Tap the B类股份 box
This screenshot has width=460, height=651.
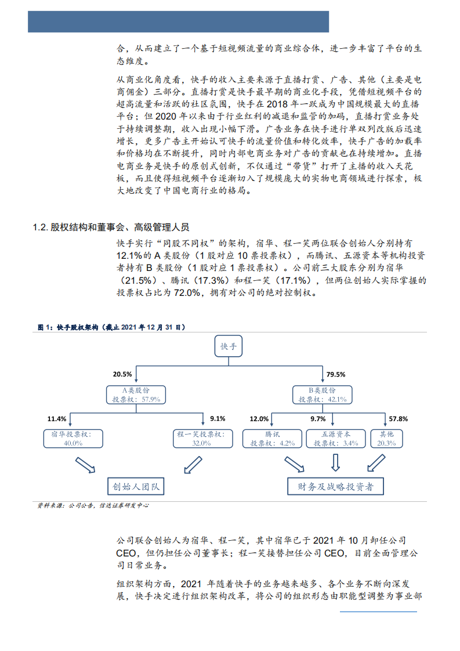click(x=323, y=395)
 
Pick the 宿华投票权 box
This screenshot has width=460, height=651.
click(x=73, y=438)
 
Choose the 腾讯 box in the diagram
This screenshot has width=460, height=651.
click(x=272, y=438)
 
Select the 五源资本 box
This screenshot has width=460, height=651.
click(x=335, y=438)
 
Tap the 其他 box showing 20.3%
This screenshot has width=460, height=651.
click(x=386, y=438)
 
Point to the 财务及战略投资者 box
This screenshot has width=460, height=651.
click(x=336, y=486)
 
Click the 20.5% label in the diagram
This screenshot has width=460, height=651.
click(x=122, y=374)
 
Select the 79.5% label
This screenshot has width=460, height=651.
click(x=336, y=374)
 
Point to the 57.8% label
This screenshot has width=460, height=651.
click(x=398, y=418)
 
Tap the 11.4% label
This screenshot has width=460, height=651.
click(x=57, y=418)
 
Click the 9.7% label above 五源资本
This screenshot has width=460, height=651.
click(x=318, y=418)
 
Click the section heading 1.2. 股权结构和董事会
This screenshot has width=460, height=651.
click(x=111, y=227)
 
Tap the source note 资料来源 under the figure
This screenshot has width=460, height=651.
click(x=93, y=505)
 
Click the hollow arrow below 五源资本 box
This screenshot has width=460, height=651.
click(x=335, y=462)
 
